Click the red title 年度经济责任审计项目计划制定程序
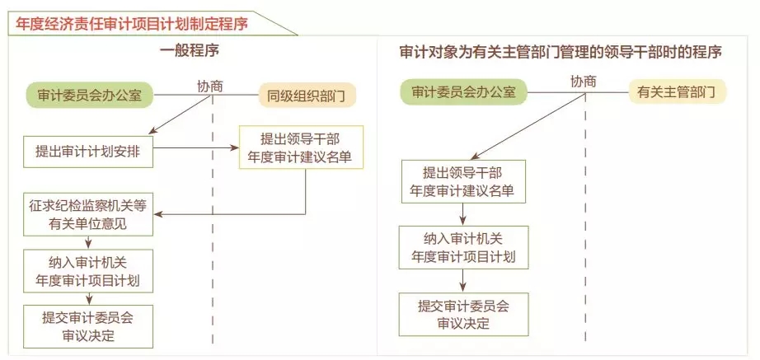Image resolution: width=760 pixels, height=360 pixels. coord(131,24)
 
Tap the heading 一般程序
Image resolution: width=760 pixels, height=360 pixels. coord(190,51)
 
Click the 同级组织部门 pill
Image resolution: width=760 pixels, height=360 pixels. coord(306,96)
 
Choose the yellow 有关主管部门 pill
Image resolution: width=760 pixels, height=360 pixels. coord(678,92)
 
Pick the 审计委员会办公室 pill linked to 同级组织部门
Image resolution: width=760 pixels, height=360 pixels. coord(89,95)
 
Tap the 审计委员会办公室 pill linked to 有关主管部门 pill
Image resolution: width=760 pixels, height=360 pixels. coord(463,92)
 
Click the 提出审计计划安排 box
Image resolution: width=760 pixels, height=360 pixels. coord(88,152)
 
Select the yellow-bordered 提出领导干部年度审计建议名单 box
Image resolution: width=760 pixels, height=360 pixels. coord(301,147)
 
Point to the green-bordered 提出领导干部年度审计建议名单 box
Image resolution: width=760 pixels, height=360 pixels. coord(463,181)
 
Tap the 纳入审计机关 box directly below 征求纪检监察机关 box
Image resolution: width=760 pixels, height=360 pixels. coord(88,271)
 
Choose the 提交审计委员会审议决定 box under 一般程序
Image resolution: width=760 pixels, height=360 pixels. coord(88,326)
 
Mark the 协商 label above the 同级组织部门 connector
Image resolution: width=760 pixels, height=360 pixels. coord(210,86)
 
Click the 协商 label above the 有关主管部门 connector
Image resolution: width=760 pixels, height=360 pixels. coord(583,82)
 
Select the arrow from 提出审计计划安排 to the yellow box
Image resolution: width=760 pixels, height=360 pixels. coord(196,147)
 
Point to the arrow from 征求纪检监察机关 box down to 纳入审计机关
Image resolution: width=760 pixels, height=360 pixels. coord(89,243)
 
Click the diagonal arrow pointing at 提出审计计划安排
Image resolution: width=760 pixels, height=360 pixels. coord(181,115)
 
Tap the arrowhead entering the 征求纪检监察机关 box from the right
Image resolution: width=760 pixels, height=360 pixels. coord(157,213)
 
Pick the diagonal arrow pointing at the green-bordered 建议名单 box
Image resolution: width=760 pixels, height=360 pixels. coord(529,126)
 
